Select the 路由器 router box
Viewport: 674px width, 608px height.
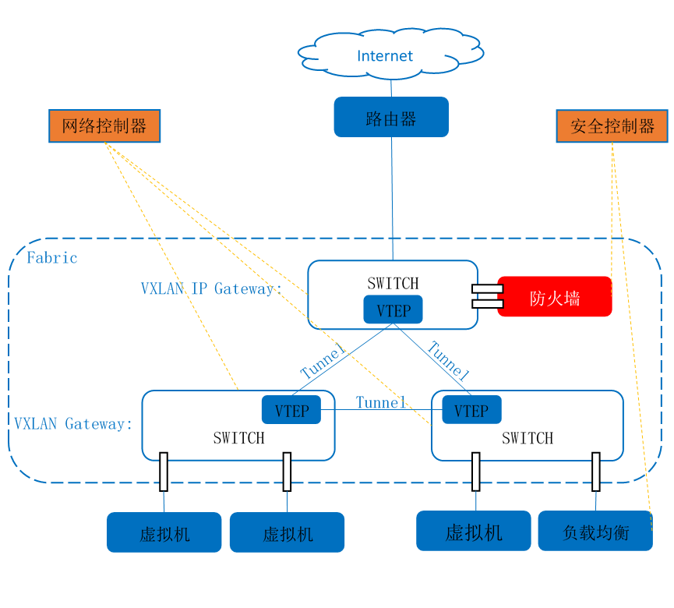point(391,118)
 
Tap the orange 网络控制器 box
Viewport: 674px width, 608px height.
point(104,126)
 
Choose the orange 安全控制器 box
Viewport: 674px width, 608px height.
point(612,126)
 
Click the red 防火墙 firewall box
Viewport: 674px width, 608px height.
point(555,297)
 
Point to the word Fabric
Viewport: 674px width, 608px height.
point(52,258)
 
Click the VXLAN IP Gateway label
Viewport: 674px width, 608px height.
point(210,288)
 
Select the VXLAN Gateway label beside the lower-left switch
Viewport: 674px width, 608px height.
point(73,424)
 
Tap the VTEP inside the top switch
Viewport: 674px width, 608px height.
point(393,310)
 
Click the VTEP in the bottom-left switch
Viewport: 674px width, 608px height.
point(291,411)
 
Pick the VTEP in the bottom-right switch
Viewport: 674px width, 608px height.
point(471,411)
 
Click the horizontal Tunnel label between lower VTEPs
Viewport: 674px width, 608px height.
point(381,402)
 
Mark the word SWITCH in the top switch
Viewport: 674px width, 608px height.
point(393,283)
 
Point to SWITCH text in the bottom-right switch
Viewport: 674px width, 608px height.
point(528,438)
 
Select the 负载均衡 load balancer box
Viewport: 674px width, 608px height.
point(595,532)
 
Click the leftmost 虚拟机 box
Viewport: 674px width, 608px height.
point(164,533)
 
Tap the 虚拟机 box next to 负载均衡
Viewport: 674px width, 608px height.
point(474,532)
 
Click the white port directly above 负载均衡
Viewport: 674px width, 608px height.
point(596,471)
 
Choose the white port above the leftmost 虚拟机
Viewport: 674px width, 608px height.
point(164,471)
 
